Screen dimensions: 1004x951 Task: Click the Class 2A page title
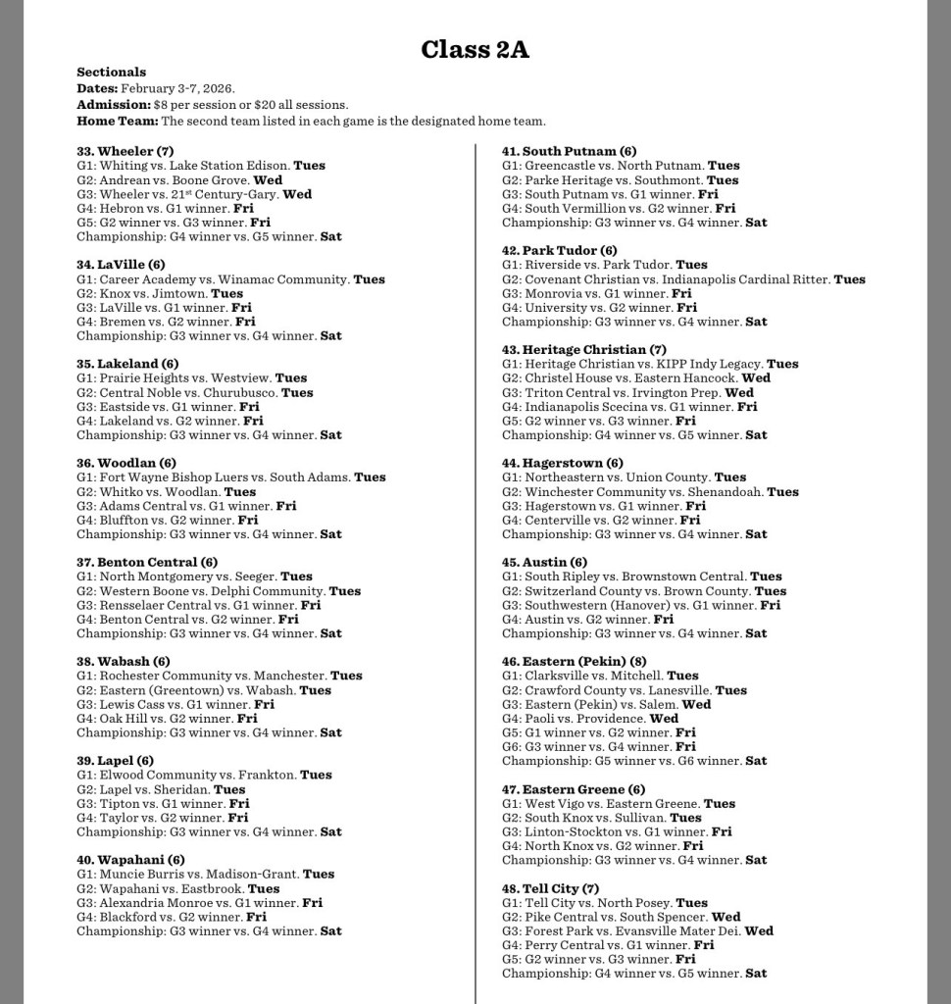[475, 49]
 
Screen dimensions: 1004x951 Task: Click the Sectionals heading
[111, 72]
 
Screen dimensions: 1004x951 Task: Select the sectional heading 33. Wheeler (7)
[125, 151]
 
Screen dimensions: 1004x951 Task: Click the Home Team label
[117, 121]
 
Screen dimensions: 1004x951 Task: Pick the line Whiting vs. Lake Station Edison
[195, 166]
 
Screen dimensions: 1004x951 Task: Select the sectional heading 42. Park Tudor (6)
[559, 250]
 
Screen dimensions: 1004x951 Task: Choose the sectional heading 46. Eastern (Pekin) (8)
[574, 661]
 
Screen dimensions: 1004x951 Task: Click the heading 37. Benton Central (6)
[147, 562]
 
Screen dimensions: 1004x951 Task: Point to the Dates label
[97, 88]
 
